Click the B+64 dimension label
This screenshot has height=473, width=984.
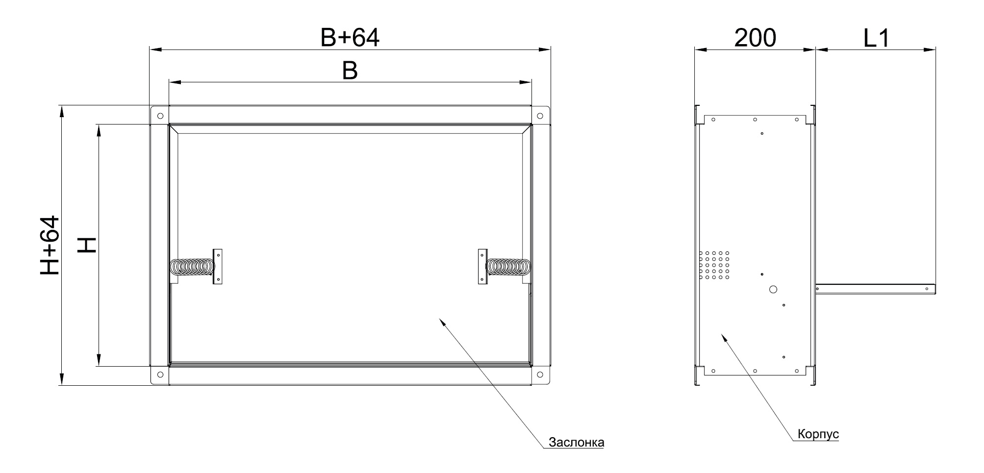[350, 38]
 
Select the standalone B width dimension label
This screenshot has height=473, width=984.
[350, 72]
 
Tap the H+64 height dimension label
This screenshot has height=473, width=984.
[50, 245]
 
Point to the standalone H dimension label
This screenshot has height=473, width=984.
[87, 245]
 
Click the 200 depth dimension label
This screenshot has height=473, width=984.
[755, 38]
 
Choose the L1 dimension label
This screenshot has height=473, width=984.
[876, 38]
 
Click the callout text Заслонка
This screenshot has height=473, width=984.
[576, 443]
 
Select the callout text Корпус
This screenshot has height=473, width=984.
[818, 434]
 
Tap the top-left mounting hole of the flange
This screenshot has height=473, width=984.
[160, 116]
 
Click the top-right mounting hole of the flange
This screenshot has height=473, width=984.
[540, 116]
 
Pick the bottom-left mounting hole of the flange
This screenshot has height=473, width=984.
[160, 375]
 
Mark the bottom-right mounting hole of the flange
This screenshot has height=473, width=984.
[540, 375]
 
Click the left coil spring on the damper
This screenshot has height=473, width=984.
[192, 267]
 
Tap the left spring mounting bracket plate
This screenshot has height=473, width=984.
[218, 267]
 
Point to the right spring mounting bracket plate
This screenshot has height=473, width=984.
[483, 266]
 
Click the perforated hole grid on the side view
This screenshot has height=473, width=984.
[714, 265]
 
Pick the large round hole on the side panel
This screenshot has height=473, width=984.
[773, 289]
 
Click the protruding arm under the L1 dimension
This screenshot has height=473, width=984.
[876, 289]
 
